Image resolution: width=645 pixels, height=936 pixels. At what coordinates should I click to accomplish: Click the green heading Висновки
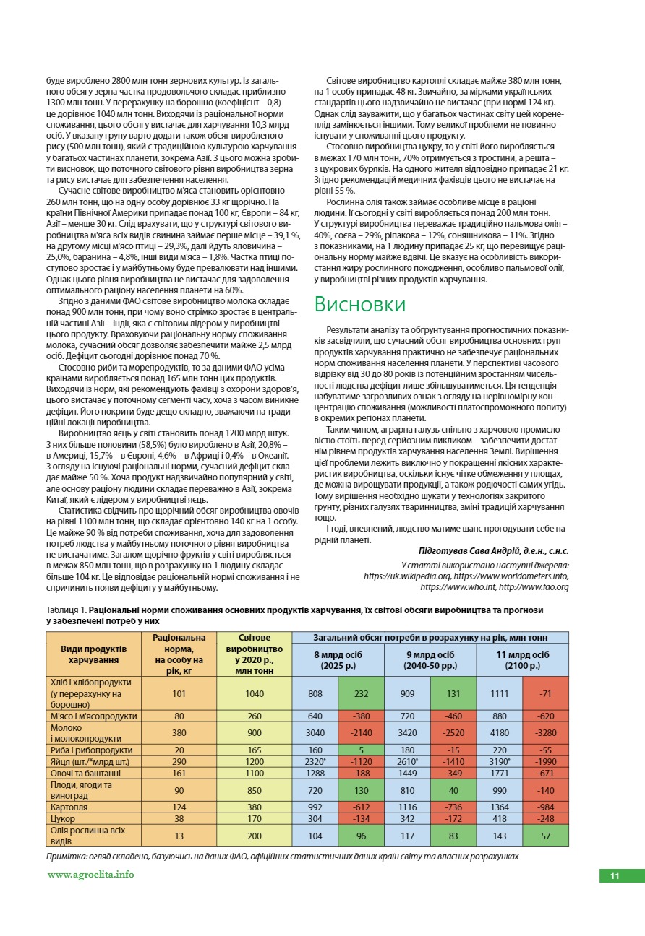coord(359,304)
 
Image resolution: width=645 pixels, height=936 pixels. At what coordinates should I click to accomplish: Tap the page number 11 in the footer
coord(615,876)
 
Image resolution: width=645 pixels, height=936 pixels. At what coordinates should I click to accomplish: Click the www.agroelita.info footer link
coord(90,874)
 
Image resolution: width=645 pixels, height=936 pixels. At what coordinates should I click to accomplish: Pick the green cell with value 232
coord(361,693)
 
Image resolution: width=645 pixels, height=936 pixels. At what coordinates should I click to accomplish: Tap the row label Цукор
coord(62,819)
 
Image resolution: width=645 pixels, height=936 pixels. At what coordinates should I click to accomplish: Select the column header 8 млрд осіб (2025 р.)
coord(338,659)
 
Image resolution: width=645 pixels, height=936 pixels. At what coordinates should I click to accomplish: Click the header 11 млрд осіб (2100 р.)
coord(522,659)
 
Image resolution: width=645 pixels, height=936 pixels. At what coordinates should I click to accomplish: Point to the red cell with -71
coord(545,693)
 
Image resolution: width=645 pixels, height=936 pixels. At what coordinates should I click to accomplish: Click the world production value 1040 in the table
coord(255,693)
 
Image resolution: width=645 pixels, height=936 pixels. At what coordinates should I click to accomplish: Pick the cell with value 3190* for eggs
coord(500,761)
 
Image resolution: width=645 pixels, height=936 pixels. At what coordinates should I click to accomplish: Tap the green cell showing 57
coord(545,836)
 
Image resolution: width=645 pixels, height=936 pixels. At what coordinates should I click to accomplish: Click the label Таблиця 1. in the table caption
coord(67,610)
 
